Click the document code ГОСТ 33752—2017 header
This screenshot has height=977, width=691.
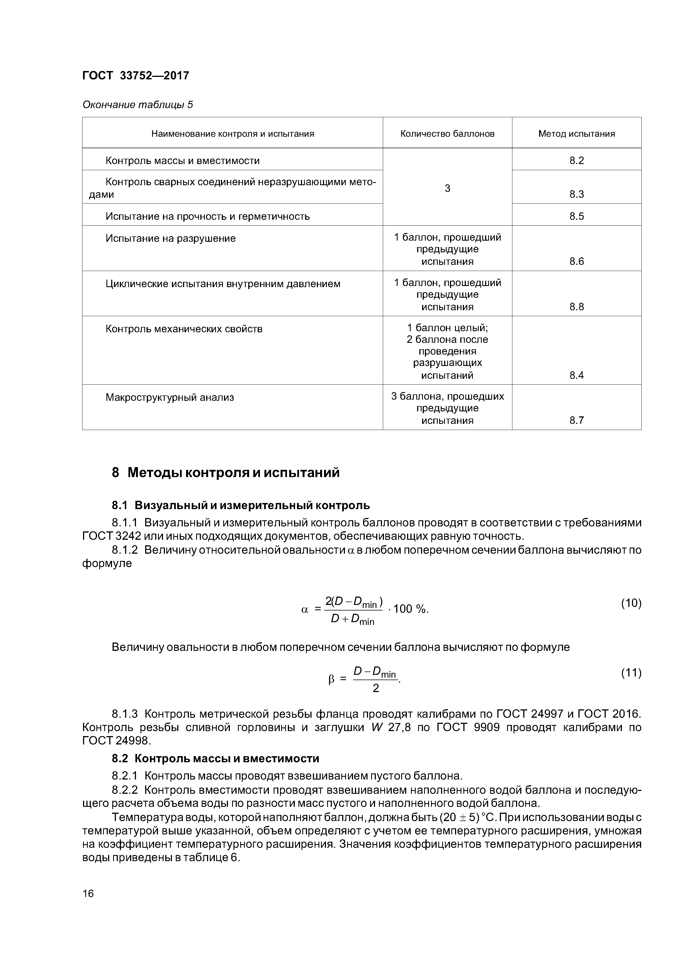pos(135,76)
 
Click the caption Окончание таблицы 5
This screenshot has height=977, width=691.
pos(138,105)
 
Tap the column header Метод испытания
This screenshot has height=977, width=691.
pos(576,134)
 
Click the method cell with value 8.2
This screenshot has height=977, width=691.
pos(576,160)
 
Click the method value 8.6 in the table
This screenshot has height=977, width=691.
pos(576,261)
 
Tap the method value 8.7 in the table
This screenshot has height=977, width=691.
pos(576,421)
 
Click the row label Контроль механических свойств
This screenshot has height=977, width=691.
pos(184,329)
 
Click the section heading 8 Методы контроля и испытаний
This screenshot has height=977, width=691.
pos(226,473)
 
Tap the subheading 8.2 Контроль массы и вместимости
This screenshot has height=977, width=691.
pos(215,759)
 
